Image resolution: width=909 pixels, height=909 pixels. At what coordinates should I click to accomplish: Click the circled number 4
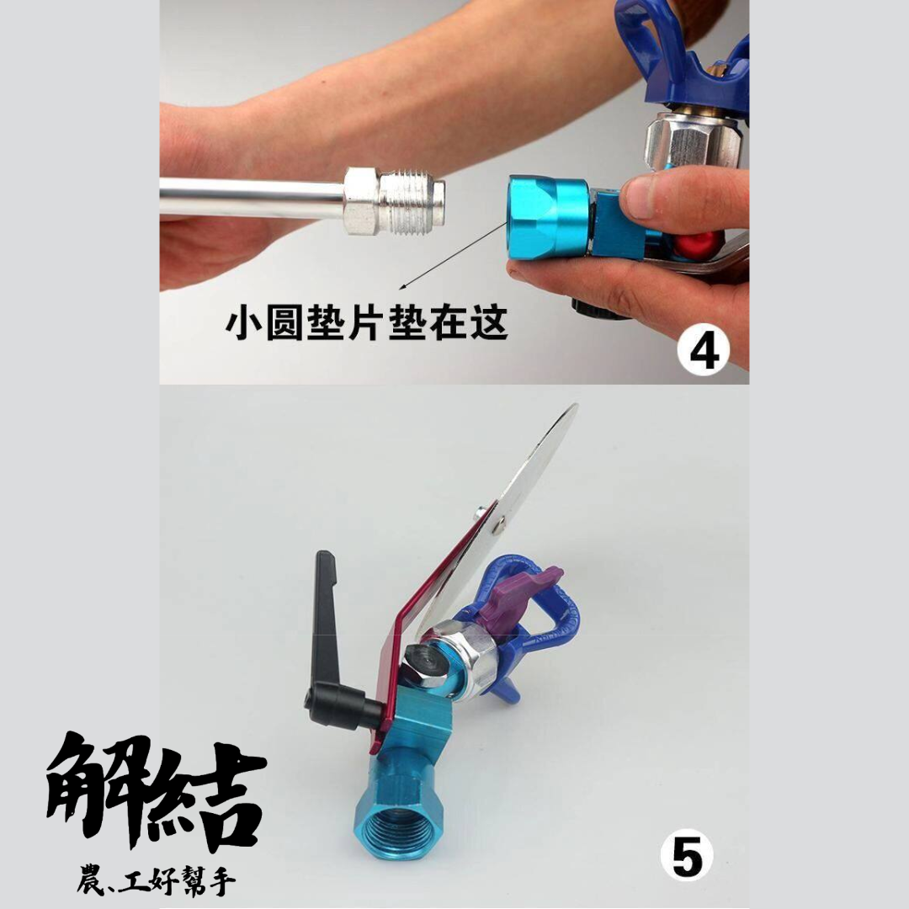click(x=704, y=352)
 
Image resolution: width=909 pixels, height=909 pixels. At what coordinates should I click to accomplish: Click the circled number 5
click(x=687, y=857)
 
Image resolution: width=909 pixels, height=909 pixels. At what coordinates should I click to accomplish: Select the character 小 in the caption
click(x=242, y=324)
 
